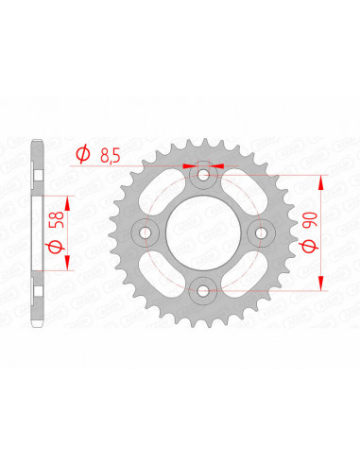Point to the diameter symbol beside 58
[x=56, y=248]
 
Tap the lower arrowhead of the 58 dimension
[x=69, y=267]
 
